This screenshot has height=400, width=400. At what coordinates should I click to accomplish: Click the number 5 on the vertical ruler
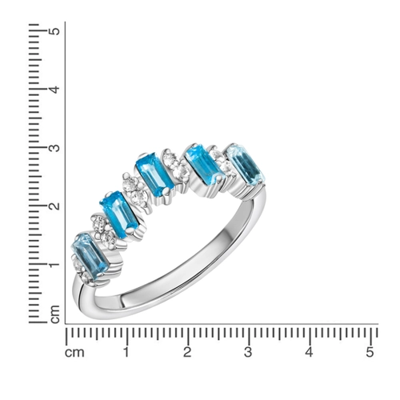pyautogui.click(x=54, y=31)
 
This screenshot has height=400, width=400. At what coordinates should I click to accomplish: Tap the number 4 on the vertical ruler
pyautogui.click(x=54, y=90)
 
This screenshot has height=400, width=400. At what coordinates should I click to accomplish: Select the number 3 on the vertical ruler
pyautogui.click(x=54, y=147)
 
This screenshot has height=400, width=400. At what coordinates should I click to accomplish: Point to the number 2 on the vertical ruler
pyautogui.click(x=54, y=206)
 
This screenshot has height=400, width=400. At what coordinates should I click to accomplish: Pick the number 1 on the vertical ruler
pyautogui.click(x=54, y=265)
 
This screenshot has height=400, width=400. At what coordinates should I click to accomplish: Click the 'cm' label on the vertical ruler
pyautogui.click(x=55, y=314)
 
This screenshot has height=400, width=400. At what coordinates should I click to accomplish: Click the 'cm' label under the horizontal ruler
pyautogui.click(x=74, y=353)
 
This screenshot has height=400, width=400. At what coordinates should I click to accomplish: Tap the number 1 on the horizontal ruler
pyautogui.click(x=126, y=352)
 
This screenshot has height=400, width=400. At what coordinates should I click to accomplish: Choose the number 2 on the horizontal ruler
pyautogui.click(x=187, y=352)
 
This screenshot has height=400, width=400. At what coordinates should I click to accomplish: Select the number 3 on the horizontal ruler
pyautogui.click(x=248, y=352)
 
